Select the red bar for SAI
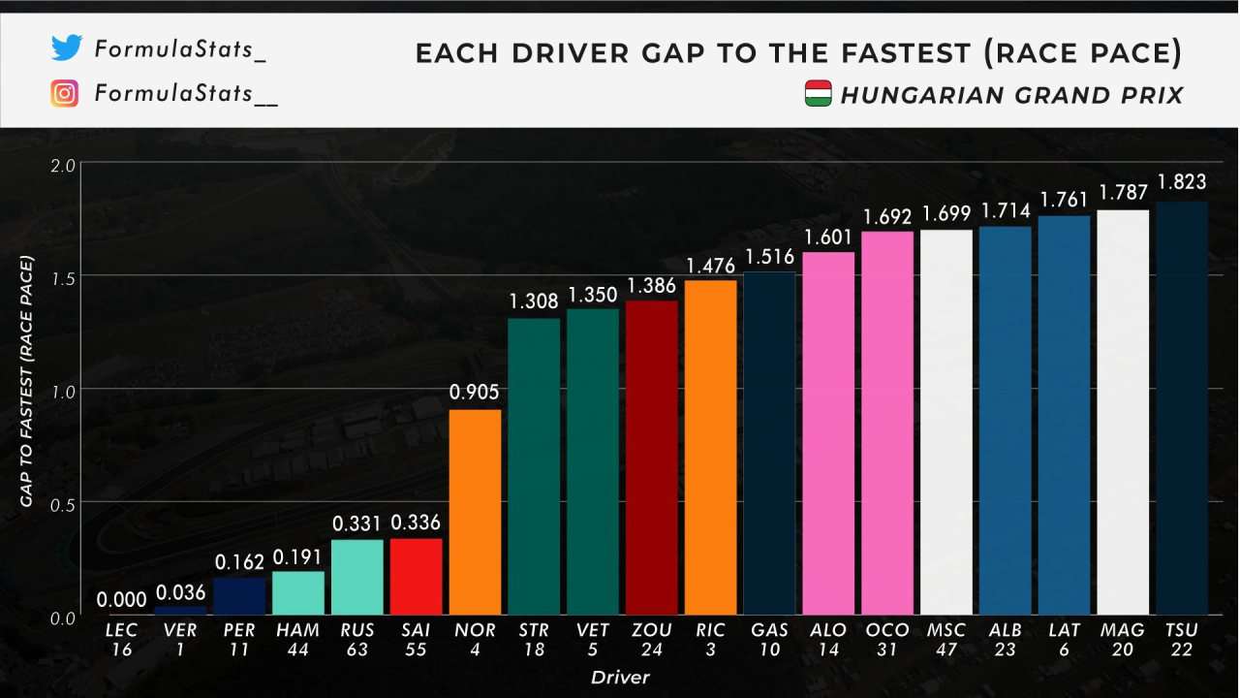pyautogui.click(x=416, y=577)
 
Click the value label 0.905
pyautogui.click(x=475, y=393)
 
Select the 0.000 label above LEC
pyautogui.click(x=122, y=599)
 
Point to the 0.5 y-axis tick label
pyautogui.click(x=63, y=503)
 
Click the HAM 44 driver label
pyautogui.click(x=298, y=640)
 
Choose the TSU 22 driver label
pyautogui.click(x=1181, y=640)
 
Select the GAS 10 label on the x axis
pyautogui.click(x=769, y=640)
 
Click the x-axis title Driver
pyautogui.click(x=621, y=677)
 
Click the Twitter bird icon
pyautogui.click(x=66, y=48)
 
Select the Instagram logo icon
pyautogui.click(x=65, y=94)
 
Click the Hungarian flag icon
pyautogui.click(x=819, y=94)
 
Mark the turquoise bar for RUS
pyautogui.click(x=356, y=577)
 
